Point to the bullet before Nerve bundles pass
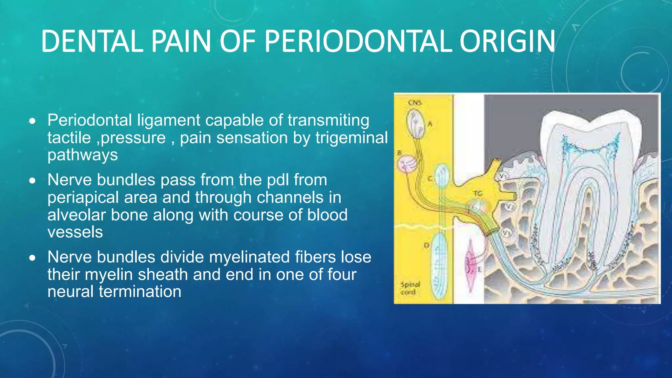pos(32,181)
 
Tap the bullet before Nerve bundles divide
pos(32,258)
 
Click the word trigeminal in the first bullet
pos(351,137)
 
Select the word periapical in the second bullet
pos(83,198)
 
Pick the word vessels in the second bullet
pos(75,232)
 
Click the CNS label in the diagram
pos(415,103)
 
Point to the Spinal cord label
pos(410,288)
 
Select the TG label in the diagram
pos(478,194)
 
